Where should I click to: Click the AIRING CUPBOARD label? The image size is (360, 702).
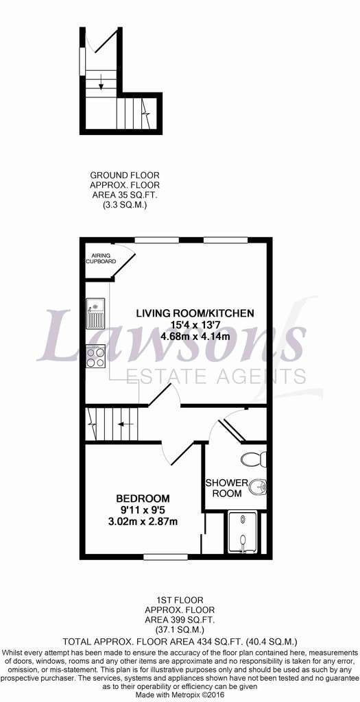tap(101, 258)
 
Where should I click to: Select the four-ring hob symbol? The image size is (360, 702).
tap(95, 356)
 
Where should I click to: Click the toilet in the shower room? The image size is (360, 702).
tap(254, 459)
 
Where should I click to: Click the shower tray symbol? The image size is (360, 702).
tap(242, 533)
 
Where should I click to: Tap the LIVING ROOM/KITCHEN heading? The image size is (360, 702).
tap(195, 313)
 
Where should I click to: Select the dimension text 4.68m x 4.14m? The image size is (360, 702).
tap(195, 335)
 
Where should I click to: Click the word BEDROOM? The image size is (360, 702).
tap(143, 498)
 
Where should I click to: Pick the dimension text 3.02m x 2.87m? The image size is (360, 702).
tap(143, 521)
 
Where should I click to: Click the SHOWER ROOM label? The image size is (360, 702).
tap(226, 488)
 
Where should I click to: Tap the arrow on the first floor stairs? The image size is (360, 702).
tap(126, 423)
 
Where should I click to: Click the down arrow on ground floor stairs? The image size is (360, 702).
tap(101, 81)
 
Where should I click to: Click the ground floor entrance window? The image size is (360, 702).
tap(82, 61)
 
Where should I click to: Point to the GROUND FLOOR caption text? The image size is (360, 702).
tap(125, 175)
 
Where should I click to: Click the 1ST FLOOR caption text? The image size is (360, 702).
tap(180, 599)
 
